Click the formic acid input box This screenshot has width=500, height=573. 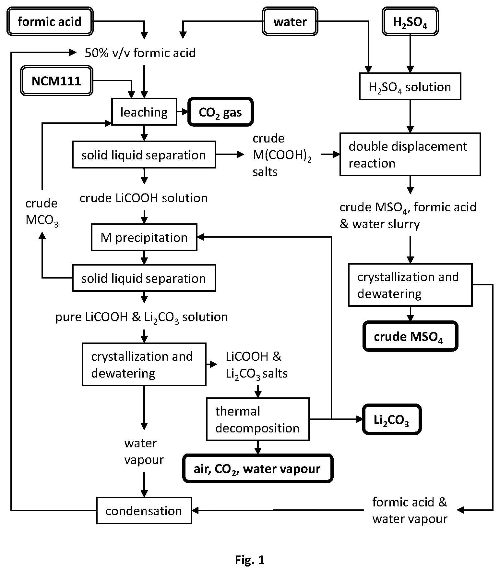[50, 21]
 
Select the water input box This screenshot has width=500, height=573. [290, 21]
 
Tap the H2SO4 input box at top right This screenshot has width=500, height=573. [410, 21]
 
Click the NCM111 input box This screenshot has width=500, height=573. [57, 81]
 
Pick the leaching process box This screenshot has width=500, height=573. [144, 112]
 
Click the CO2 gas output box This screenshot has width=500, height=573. [220, 112]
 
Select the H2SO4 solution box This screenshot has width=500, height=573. [410, 86]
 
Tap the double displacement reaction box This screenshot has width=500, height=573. [410, 154]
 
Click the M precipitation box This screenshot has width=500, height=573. [144, 237]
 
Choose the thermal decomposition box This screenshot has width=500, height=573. [258, 419]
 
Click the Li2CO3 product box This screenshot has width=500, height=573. [392, 419]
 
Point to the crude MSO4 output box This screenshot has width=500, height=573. [410, 336]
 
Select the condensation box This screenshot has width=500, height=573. [144, 510]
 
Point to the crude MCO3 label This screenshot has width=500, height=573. [42, 212]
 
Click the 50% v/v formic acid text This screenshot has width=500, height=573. [140, 53]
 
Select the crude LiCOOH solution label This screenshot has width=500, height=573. [144, 198]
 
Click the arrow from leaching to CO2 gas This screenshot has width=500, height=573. [183, 112]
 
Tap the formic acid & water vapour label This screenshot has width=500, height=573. [410, 510]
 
